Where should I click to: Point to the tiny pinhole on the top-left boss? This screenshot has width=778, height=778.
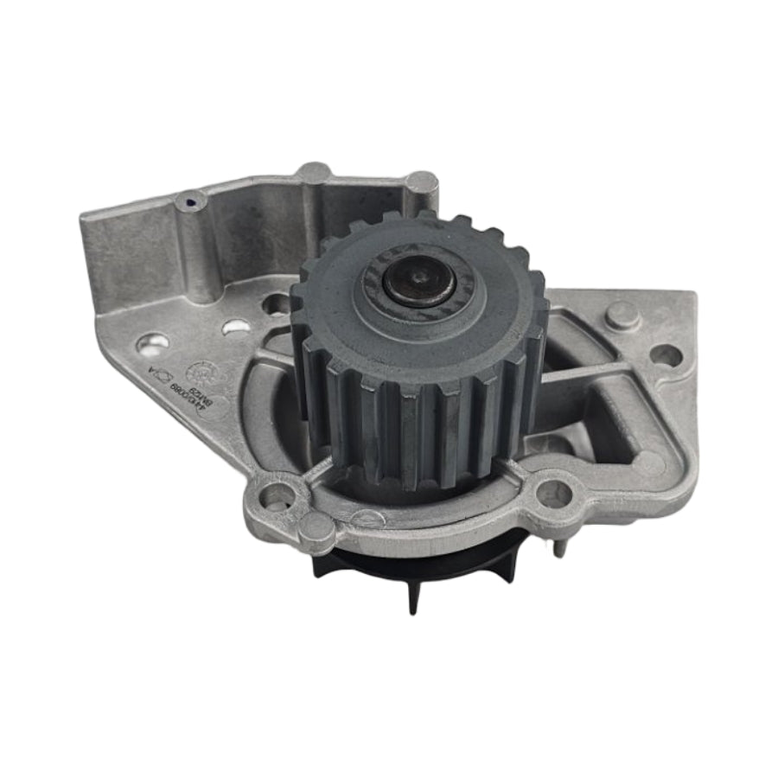[x=190, y=201]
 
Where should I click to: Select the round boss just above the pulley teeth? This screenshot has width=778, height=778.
[x=421, y=182]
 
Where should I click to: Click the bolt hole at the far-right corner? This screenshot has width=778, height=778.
[x=664, y=354]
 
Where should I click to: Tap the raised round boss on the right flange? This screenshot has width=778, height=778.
[x=622, y=315]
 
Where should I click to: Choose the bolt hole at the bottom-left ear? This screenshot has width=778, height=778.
[x=278, y=496]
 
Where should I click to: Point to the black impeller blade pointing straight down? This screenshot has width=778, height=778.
[x=412, y=596]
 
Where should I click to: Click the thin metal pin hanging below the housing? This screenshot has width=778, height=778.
[x=562, y=545]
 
